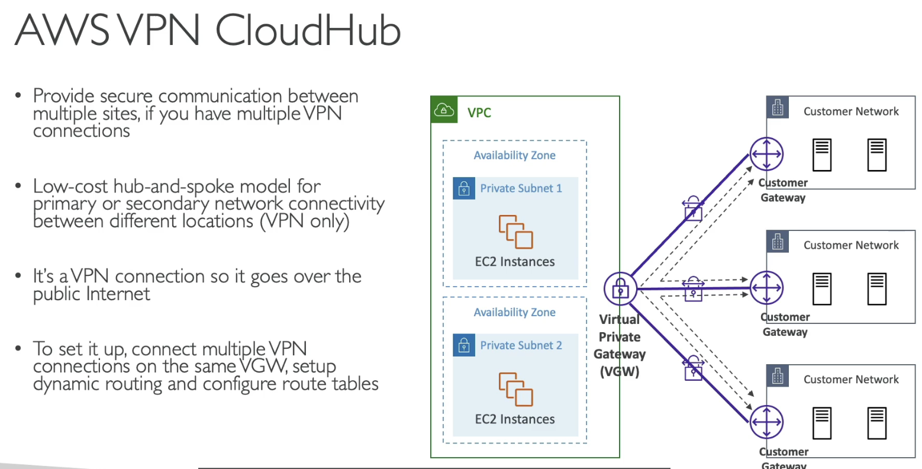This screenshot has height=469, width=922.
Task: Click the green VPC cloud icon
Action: tap(444, 110)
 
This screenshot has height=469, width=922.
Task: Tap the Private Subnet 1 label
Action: tap(521, 188)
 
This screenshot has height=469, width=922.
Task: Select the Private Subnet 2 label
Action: tap(521, 345)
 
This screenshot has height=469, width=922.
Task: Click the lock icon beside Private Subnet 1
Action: tap(464, 188)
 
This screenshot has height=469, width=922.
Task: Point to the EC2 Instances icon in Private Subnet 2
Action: tap(515, 389)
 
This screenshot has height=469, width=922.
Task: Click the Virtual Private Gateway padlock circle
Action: tap(620, 289)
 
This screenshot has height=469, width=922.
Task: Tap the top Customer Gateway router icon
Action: tap(766, 154)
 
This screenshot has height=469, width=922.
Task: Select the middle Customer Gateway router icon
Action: tap(766, 288)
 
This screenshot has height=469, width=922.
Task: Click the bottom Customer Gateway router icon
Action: tap(766, 422)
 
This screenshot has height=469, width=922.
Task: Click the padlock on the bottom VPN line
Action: tap(693, 368)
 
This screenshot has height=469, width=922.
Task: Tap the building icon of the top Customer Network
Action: tap(778, 108)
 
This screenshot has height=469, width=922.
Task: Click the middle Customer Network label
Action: tap(850, 245)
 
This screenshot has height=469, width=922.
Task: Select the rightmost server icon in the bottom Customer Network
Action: tap(877, 423)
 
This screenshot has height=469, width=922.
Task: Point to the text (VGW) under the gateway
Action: tap(620, 372)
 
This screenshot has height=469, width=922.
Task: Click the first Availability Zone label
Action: tap(514, 155)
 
